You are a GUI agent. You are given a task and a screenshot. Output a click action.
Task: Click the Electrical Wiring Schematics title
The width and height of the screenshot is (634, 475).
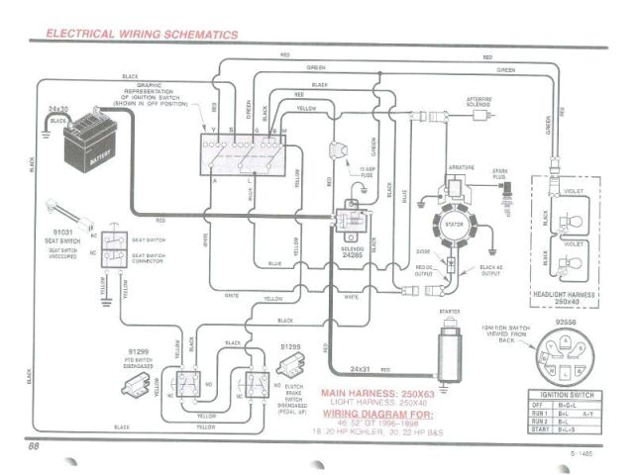coord(142,34)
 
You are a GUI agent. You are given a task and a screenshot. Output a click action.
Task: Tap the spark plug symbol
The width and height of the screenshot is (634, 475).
coord(501,184)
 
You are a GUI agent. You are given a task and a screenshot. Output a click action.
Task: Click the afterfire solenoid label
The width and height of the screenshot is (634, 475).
coord(480,102)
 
